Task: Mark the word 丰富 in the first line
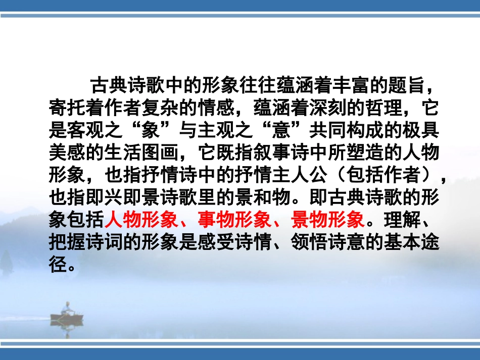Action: tap(346, 85)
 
